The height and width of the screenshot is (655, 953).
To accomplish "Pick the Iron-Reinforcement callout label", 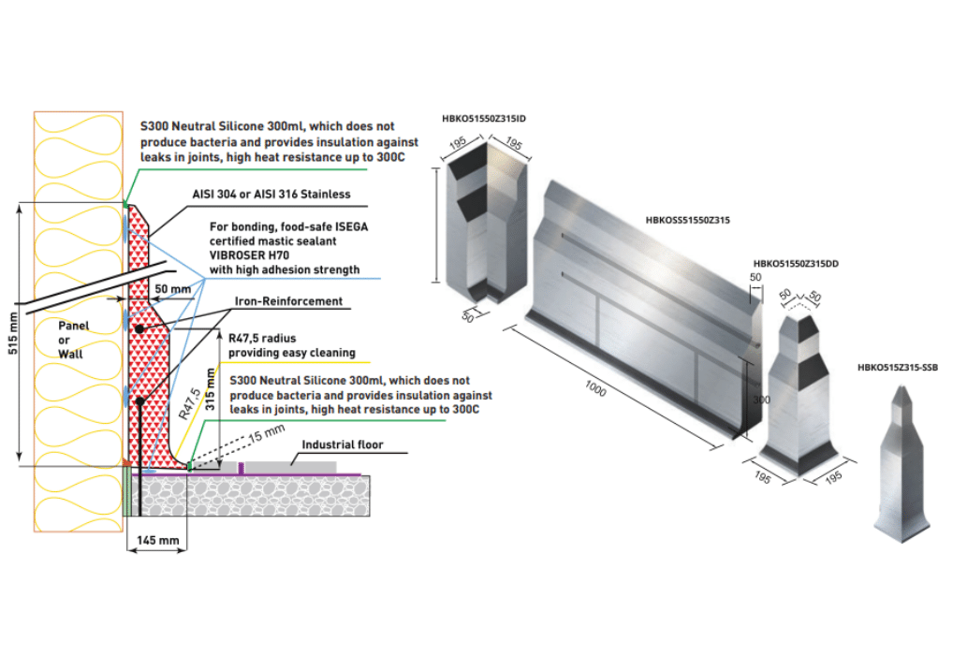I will (x=290, y=301).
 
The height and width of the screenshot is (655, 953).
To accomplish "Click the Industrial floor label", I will (x=342, y=444).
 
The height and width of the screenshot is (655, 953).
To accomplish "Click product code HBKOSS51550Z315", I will (x=687, y=221).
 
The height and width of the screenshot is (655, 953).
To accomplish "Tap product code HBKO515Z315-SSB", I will (x=897, y=368).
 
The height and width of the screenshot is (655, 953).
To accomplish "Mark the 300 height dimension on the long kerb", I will (x=760, y=399).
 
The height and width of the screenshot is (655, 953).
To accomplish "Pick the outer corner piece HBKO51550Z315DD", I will (x=796, y=393).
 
